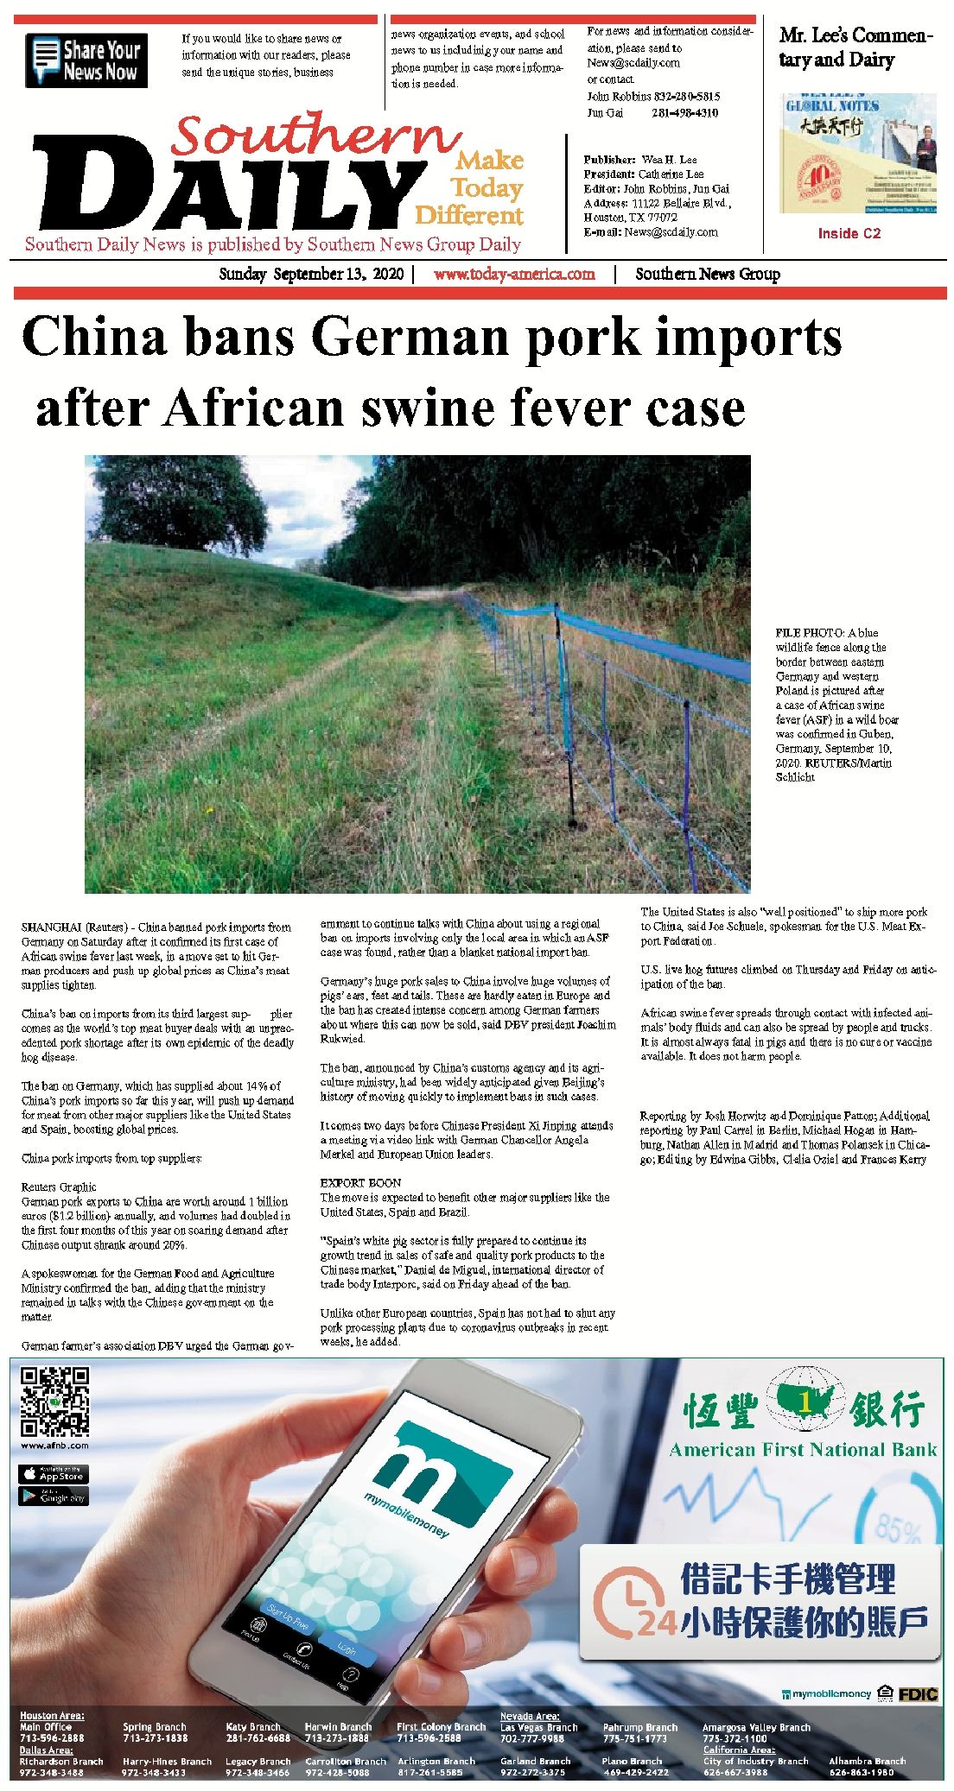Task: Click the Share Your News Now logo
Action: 86,60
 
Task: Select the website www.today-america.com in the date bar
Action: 514,275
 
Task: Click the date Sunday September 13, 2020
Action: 311,275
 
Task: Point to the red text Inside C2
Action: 849,233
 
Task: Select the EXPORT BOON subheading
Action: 360,1183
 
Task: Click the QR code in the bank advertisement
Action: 54,1401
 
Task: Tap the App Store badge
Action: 54,1474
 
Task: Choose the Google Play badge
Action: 54,1497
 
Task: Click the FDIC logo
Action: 918,1694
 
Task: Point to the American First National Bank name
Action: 803,1450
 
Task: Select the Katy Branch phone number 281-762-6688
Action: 258,1737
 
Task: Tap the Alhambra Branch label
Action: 867,1761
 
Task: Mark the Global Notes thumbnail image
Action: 857,154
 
